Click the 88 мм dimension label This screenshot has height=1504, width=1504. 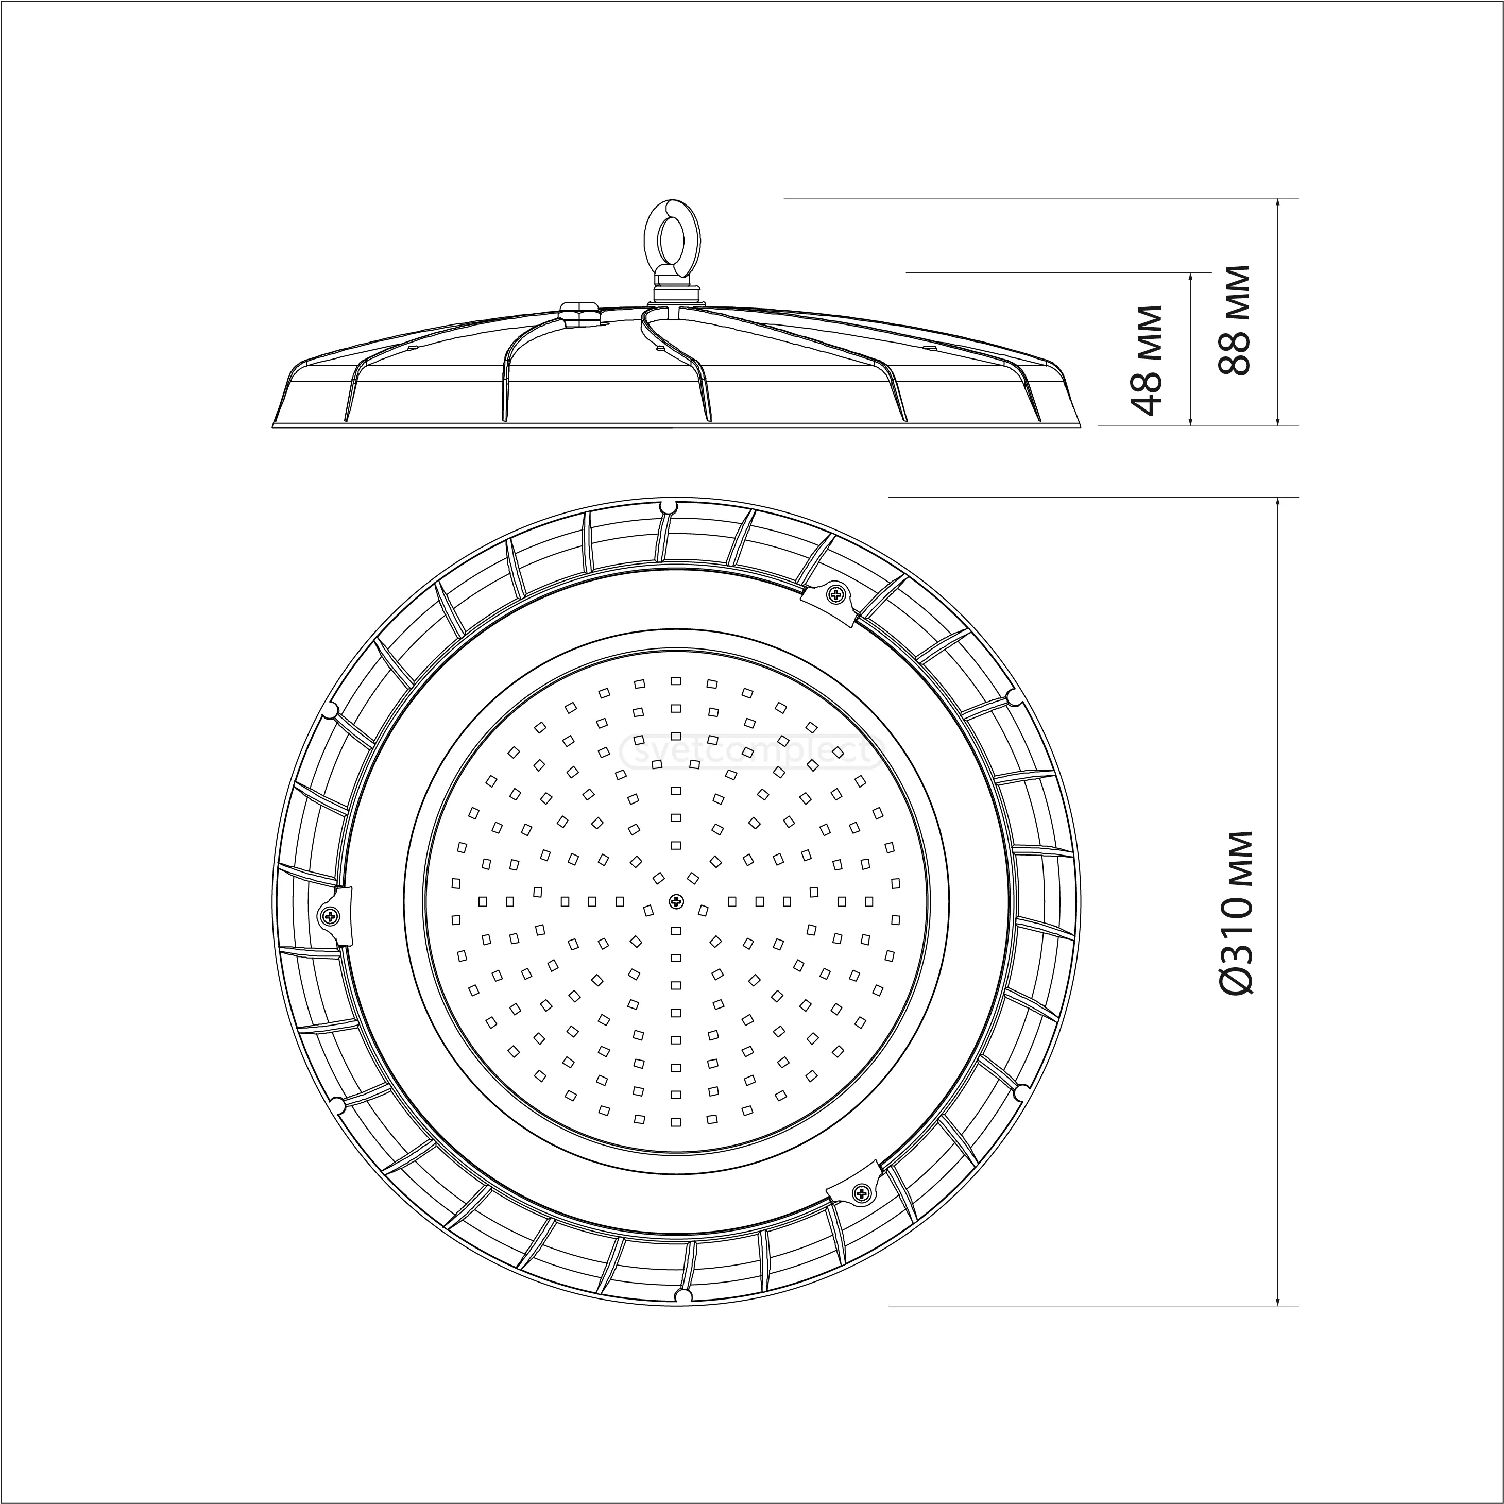tap(1235, 321)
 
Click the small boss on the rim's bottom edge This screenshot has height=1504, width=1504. tap(682, 1295)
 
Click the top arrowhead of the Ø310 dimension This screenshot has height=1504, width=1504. tap(1277, 503)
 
